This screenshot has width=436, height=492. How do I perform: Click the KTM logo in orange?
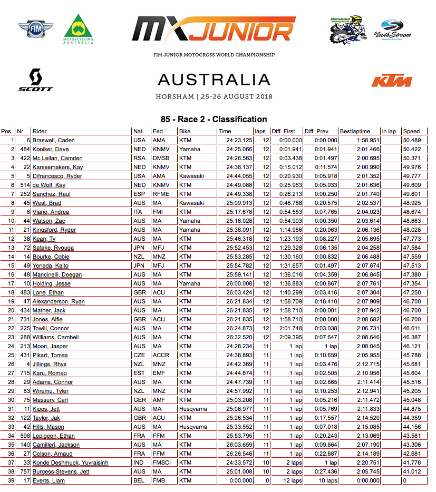[391, 81]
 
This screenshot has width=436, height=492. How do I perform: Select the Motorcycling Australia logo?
[77, 29]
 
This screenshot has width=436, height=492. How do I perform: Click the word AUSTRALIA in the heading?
[214, 80]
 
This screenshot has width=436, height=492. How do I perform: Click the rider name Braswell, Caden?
[53, 140]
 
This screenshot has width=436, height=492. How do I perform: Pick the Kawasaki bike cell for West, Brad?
[190, 203]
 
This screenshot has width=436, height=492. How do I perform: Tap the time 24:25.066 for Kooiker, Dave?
[236, 149]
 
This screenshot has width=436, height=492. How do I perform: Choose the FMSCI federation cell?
[161, 463]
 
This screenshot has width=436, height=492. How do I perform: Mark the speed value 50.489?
[412, 140]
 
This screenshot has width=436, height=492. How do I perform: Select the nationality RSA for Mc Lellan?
[139, 158]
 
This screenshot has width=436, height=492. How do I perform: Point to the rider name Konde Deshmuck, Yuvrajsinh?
[70, 463]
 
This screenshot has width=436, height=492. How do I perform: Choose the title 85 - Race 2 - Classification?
[214, 119]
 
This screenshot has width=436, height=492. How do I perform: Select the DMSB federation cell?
[160, 158]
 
